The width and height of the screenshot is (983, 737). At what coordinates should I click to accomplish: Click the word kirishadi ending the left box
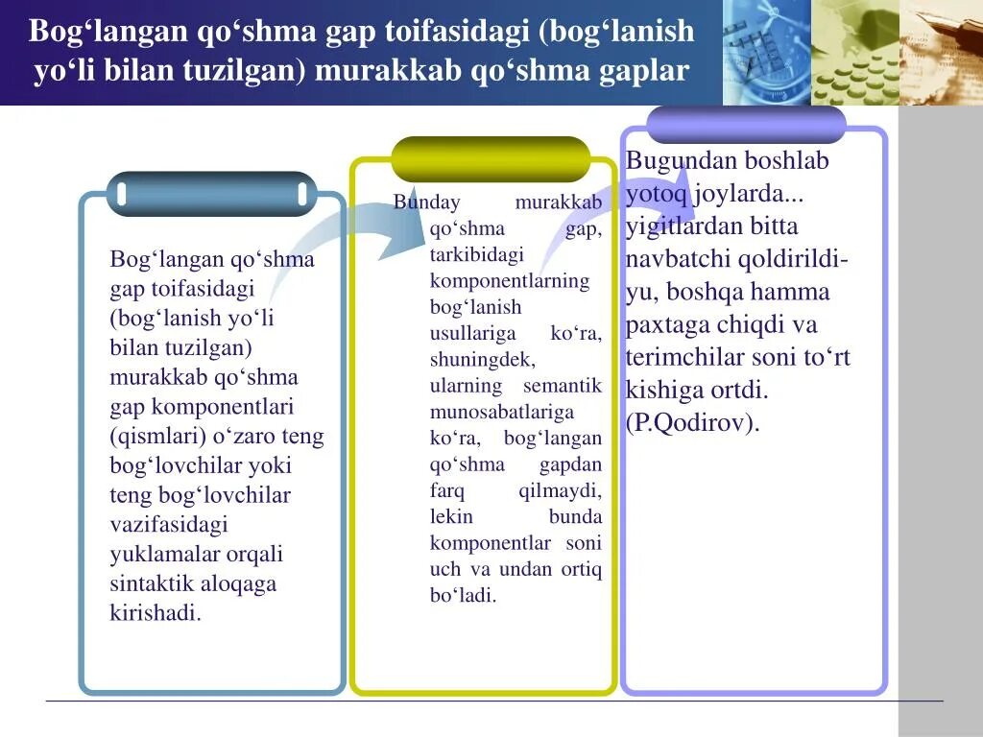[156, 613]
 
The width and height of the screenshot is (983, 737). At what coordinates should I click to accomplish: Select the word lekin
[451, 516]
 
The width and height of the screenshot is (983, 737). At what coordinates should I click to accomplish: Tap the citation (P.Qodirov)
[692, 423]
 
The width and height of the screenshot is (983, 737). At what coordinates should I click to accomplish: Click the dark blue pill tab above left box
[210, 194]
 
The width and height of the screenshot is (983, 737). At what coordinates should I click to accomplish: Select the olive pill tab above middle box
[491, 158]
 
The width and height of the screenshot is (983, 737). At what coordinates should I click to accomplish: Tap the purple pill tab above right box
[746, 125]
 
